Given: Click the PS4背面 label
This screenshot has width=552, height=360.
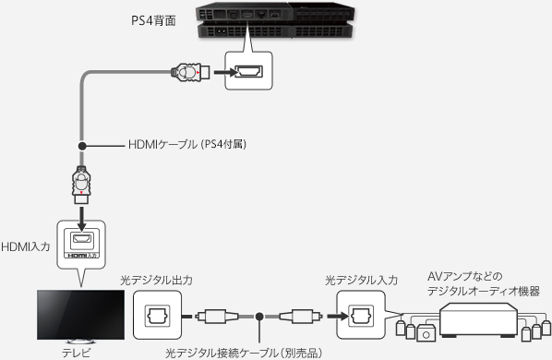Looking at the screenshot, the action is coord(153,20).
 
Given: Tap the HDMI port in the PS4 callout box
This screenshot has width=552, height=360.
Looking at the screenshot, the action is coord(248,71).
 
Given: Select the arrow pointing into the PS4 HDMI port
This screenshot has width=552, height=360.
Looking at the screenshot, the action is coord(224,72).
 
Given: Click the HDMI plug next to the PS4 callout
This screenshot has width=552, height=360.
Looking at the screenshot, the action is coord(190,72).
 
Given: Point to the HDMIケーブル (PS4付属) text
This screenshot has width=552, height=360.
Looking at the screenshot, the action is coord(187,144).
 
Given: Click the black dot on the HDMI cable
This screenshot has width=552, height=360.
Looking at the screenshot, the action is coord(82,145).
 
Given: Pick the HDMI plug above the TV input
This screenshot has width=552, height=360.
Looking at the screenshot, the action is coord(81,185).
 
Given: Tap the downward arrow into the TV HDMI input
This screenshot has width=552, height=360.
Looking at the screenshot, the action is coord(81,219).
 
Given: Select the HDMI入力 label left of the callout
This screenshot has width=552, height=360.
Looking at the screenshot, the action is coord(26,246).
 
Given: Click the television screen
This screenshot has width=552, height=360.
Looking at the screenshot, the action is coord(80,315).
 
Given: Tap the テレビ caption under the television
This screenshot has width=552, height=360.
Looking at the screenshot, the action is coord(76,353).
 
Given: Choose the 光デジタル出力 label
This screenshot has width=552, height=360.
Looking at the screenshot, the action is coord(156,280).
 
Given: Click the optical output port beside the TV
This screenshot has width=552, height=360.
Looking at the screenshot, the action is coord(157,316).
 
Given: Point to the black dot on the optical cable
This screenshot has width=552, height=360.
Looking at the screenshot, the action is coord(259,317).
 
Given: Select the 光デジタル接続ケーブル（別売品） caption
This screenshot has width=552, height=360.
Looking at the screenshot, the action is coord(244,353).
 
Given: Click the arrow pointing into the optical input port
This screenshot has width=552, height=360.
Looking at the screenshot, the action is coord(338,316).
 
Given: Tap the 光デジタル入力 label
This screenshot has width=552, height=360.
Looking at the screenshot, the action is coord(361,280).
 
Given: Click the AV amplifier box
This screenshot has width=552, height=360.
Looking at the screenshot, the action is coord(479,318).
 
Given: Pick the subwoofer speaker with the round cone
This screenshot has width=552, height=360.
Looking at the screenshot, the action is coord(426,333).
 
